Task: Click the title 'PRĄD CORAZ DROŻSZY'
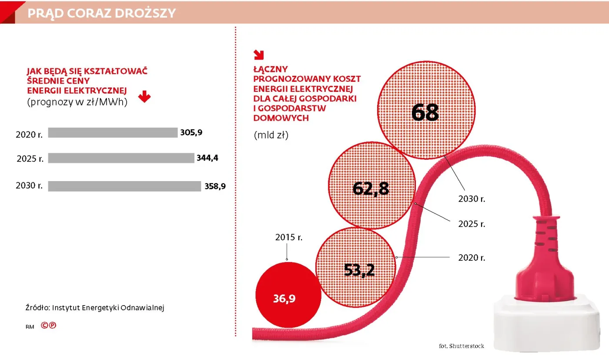coord(101,13)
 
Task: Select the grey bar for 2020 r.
coord(113,133)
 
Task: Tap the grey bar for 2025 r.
coord(121,158)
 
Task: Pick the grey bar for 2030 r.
coord(124,186)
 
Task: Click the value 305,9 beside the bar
coord(191,133)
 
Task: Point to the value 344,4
coord(207,158)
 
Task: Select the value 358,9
coord(215,186)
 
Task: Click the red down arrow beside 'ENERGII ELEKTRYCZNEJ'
coord(144,97)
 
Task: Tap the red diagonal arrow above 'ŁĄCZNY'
coord(259,54)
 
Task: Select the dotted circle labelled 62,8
coord(371,189)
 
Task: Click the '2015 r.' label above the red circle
coord(288,238)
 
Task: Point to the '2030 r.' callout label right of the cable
coord(472,199)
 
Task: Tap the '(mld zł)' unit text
coord(271,135)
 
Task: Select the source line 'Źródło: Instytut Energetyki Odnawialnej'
coord(94,307)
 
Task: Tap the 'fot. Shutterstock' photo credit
coord(461,346)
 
